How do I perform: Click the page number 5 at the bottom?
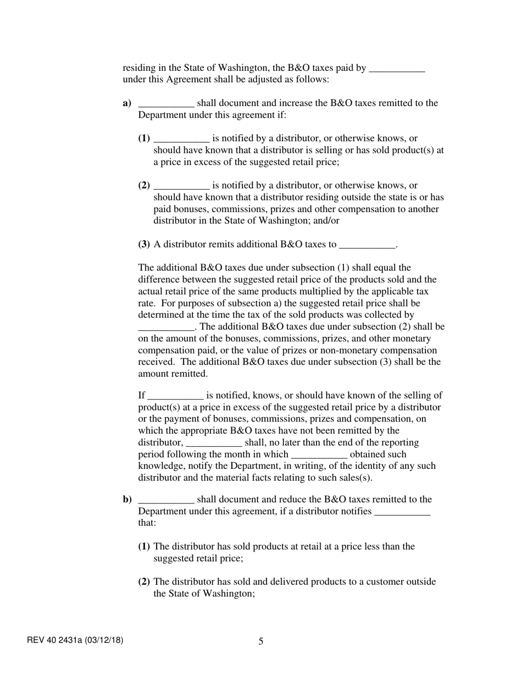[260, 641]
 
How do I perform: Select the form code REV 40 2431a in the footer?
[75, 640]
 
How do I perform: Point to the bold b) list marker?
[127, 500]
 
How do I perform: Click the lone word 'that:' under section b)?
[147, 523]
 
